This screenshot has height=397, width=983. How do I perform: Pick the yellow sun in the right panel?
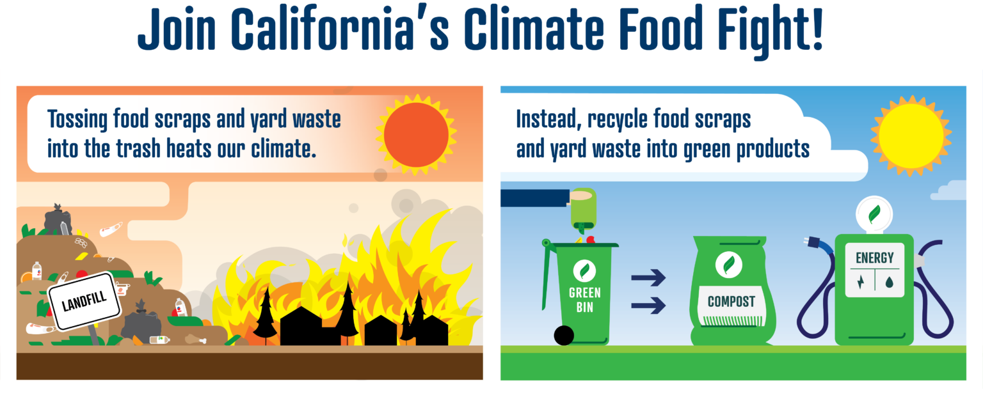click(x=911, y=135)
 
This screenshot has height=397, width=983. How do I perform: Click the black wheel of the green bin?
click(x=564, y=335)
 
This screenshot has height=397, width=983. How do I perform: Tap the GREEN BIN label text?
click(x=584, y=300)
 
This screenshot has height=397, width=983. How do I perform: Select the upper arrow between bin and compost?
click(x=648, y=278)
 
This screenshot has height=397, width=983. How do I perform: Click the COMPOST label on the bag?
click(x=731, y=302)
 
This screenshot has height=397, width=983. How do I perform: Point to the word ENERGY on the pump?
click(x=874, y=258)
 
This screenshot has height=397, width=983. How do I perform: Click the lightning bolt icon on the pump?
click(x=859, y=281)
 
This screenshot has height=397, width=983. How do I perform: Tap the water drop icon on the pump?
click(x=890, y=281)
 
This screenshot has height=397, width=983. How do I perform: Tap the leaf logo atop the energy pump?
click(x=874, y=213)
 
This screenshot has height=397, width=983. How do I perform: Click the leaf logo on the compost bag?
click(x=728, y=265)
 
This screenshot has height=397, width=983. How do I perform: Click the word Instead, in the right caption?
click(x=549, y=120)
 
